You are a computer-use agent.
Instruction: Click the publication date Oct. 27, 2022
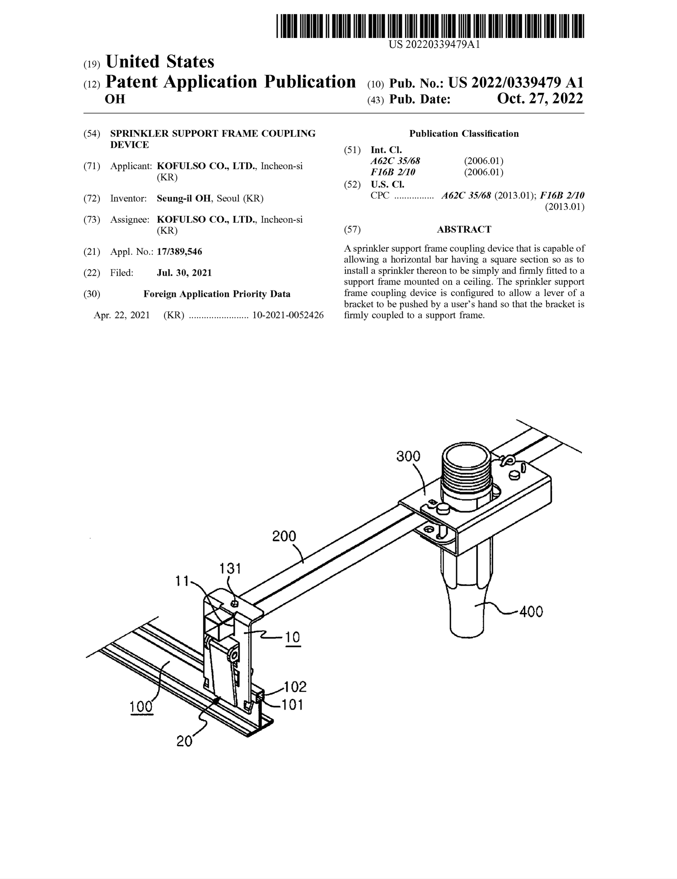(x=540, y=98)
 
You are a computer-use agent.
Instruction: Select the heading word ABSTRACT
(x=464, y=229)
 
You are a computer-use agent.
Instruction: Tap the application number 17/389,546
(x=179, y=252)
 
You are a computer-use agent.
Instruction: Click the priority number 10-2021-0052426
(x=288, y=315)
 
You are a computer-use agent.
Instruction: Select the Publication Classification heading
(x=464, y=134)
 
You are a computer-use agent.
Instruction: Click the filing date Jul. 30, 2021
(x=184, y=273)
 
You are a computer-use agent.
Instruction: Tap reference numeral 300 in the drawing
(x=408, y=456)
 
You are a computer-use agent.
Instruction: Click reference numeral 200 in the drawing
(x=284, y=536)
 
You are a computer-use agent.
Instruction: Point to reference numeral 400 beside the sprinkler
(x=531, y=612)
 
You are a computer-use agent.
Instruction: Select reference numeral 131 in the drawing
(x=230, y=568)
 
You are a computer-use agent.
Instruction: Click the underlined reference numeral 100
(x=141, y=706)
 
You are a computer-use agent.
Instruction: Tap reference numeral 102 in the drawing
(x=295, y=687)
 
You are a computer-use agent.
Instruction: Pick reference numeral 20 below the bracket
(x=184, y=742)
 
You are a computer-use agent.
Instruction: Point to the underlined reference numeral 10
(x=293, y=637)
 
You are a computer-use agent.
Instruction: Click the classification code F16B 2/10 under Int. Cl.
(x=393, y=172)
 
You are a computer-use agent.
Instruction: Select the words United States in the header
(x=160, y=62)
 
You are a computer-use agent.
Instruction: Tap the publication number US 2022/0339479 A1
(x=516, y=83)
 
